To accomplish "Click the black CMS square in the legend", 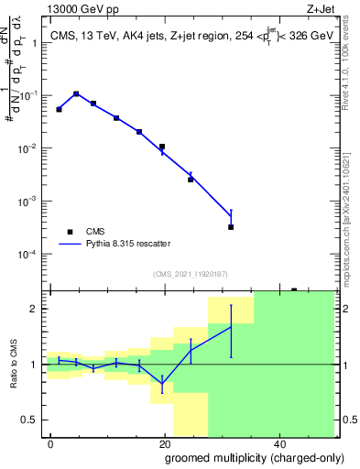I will (69, 232).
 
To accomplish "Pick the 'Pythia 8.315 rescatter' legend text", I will (127, 244).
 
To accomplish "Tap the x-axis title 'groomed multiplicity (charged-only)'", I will (243, 457).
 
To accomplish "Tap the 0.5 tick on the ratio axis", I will (34, 420).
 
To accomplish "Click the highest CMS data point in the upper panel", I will (76, 93).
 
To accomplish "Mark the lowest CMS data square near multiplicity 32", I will (231, 226).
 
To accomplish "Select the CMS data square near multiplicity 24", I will (191, 179).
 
